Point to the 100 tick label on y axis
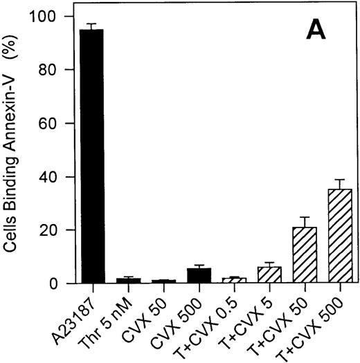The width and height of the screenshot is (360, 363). click(46, 16)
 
